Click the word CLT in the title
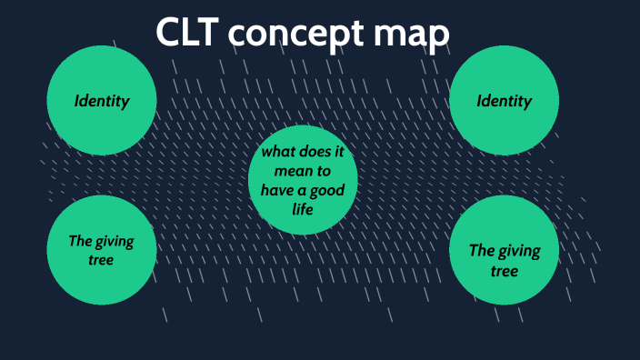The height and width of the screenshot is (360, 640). [187, 34]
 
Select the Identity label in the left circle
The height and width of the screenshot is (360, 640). [102, 101]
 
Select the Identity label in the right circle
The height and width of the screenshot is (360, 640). [505, 101]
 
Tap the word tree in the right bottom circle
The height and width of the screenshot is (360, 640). [505, 271]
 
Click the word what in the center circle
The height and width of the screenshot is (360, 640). [280, 150]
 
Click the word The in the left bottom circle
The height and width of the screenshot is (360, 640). [81, 241]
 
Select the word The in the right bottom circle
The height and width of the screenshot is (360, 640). [482, 251]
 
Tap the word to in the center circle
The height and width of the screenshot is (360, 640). [324, 169]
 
